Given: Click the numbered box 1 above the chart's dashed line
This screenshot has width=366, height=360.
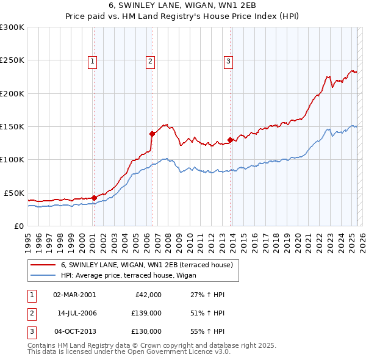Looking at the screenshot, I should (x=92, y=60).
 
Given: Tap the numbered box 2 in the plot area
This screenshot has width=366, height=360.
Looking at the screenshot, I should (x=150, y=60).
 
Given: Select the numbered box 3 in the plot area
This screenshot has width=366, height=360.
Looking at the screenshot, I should (x=228, y=60).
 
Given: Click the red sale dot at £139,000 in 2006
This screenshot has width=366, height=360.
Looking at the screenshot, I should (x=152, y=134).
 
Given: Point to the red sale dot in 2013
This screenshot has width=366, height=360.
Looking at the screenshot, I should (x=230, y=140).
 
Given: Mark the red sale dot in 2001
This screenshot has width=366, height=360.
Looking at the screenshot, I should (x=95, y=198).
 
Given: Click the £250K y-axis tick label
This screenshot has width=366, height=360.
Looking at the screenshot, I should (x=12, y=60).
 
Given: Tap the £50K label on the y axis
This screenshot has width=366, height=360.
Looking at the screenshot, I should (x=15, y=193).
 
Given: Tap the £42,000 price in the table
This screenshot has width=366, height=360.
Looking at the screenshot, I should (x=148, y=295).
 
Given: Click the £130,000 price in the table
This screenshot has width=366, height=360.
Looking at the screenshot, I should (x=146, y=331).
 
